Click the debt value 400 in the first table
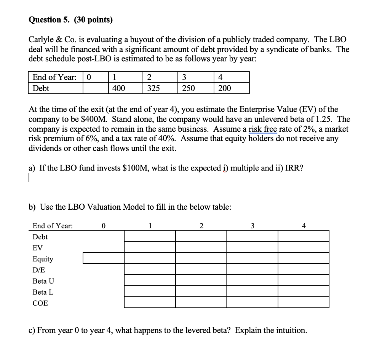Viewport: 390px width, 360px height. [119, 88]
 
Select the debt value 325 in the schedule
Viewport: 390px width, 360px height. [153, 88]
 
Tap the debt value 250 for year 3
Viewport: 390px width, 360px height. [188, 88]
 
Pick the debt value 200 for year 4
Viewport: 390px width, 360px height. [224, 88]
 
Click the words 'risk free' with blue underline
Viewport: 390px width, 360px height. [262, 129]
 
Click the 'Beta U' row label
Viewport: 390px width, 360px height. [43, 281]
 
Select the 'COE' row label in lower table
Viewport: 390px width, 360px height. [40, 303]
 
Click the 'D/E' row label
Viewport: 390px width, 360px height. [38, 270]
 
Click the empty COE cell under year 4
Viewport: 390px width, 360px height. [303, 302]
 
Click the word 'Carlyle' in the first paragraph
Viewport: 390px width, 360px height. [42, 40]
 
